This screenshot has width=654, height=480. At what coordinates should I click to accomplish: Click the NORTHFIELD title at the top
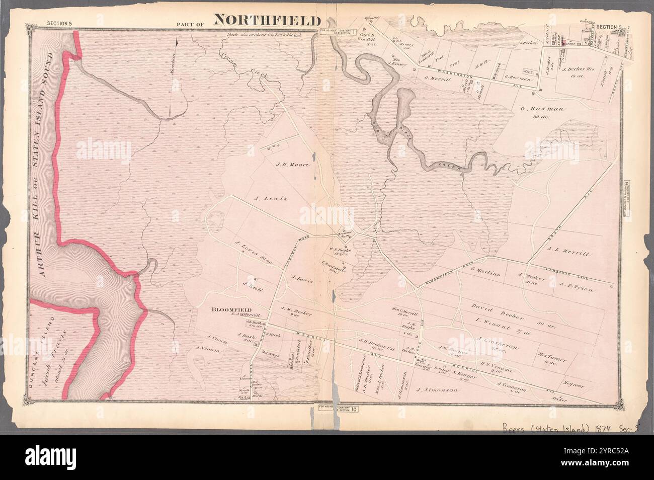[268, 21]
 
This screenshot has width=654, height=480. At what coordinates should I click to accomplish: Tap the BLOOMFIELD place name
[224, 310]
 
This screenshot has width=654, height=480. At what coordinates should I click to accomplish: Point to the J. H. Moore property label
[292, 165]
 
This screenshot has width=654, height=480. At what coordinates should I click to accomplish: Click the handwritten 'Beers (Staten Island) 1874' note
[560, 429]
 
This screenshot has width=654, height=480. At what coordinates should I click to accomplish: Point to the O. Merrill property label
[436, 78]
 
